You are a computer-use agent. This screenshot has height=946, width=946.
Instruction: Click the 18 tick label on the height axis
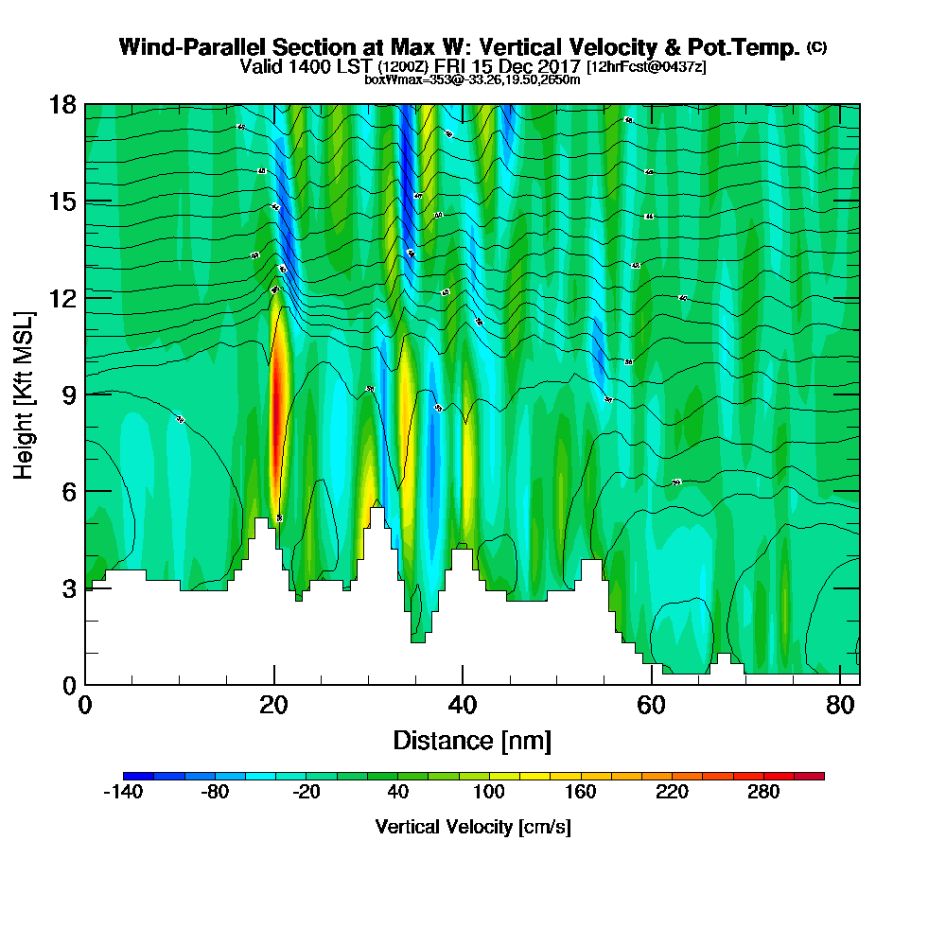click(63, 104)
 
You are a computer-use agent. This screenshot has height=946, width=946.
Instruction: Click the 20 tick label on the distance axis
click(273, 705)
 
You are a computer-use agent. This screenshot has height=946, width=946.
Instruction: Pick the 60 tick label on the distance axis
click(651, 705)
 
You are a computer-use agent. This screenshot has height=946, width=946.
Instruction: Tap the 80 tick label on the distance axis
click(839, 705)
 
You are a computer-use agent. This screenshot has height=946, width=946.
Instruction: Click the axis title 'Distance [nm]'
click(472, 739)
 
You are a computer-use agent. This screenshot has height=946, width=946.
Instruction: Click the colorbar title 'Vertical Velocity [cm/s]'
click(473, 827)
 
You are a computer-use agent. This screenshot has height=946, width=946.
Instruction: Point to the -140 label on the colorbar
click(122, 793)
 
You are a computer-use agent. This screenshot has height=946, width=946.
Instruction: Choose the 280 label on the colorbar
click(763, 793)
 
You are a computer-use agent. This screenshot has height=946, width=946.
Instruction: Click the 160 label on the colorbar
click(580, 793)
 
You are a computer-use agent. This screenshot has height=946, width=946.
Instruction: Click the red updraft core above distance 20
click(275, 407)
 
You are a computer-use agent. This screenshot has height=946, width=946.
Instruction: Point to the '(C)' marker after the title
click(816, 47)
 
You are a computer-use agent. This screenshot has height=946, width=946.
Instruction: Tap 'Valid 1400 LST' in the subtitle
click(307, 66)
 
